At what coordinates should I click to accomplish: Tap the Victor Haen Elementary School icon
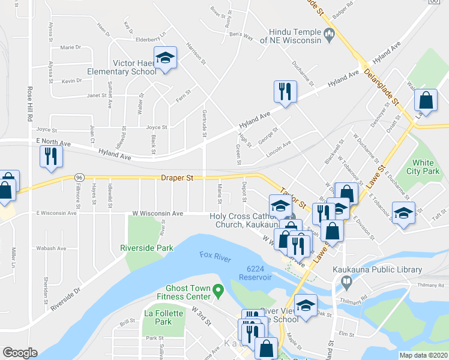click(165, 59)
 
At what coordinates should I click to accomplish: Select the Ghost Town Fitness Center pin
click(219, 292)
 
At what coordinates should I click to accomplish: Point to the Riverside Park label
click(146, 248)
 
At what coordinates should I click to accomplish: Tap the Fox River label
click(215, 256)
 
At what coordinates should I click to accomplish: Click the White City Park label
click(426, 167)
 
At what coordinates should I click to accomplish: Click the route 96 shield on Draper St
click(79, 178)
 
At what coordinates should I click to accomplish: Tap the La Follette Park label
click(158, 317)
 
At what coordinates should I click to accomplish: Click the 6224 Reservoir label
click(255, 273)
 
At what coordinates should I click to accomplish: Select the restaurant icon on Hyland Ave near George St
click(284, 92)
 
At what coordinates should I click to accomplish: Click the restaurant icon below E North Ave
click(51, 157)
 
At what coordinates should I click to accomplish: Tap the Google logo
click(20, 352)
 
